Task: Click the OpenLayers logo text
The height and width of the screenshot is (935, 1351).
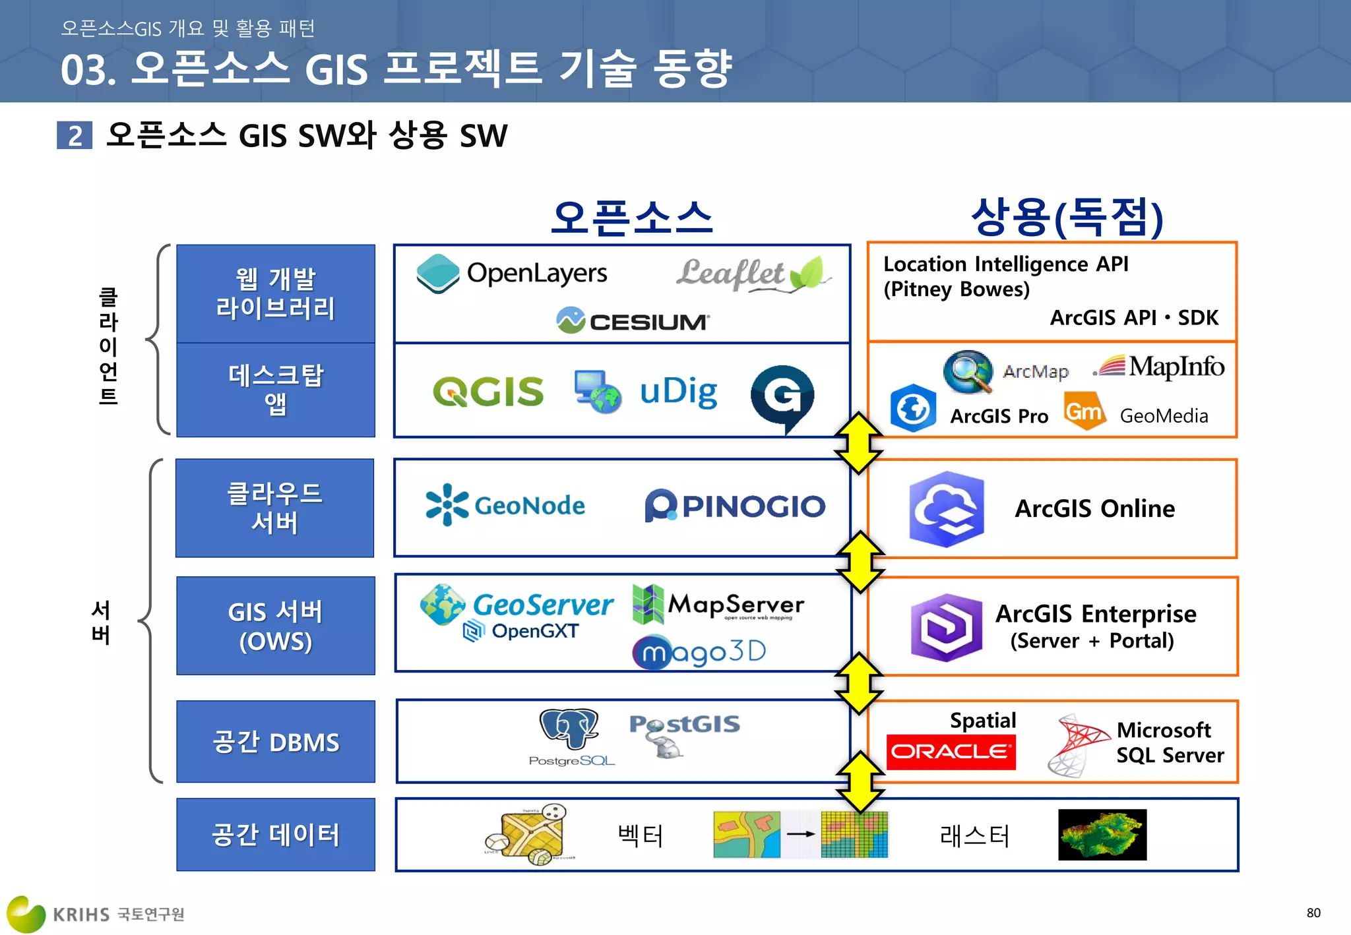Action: tap(536, 273)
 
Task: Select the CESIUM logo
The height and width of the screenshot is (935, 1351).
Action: tap(633, 321)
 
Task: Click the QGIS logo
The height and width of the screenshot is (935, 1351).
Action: tap(488, 392)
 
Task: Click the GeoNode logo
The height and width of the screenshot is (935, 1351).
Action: tap(505, 506)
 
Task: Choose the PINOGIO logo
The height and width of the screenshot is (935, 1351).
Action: tap(735, 506)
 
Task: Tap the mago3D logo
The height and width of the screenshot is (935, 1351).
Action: tap(699, 651)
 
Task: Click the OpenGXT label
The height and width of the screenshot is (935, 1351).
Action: tap(534, 631)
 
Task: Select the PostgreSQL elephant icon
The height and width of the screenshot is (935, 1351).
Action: tap(569, 729)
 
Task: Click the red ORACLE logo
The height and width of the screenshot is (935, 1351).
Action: tap(951, 752)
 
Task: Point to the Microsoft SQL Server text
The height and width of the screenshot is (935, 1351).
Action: tap(1170, 742)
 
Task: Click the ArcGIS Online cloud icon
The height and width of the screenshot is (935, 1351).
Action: tap(946, 509)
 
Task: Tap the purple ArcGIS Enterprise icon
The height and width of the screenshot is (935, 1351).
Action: tap(946, 627)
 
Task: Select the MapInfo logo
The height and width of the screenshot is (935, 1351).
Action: tap(1161, 366)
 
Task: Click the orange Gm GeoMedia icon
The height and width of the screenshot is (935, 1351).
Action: tap(1084, 411)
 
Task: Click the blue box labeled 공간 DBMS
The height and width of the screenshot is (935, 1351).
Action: tap(276, 742)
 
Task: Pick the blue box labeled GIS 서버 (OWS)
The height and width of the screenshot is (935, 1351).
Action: tap(276, 626)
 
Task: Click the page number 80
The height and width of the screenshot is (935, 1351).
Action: tap(1313, 913)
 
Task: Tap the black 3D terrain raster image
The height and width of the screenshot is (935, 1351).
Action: tap(1102, 835)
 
